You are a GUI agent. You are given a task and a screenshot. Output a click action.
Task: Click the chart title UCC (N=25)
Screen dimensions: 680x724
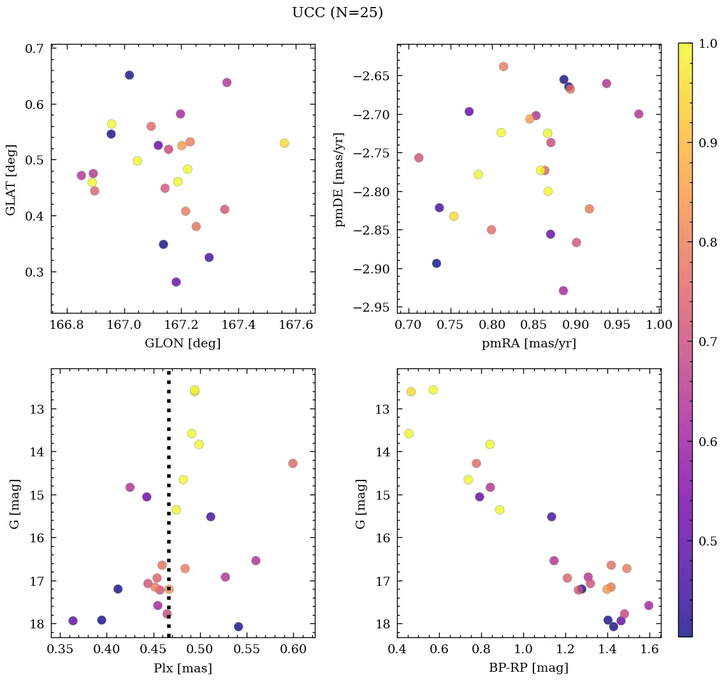click(337, 13)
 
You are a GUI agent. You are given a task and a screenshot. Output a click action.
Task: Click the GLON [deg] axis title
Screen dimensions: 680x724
click(183, 344)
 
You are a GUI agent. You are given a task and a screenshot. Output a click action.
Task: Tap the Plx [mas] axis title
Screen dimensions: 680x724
click(183, 668)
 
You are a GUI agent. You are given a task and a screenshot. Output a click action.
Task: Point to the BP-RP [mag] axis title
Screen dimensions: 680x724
click(528, 668)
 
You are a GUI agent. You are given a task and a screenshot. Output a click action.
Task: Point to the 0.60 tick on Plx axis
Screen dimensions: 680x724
click(294, 650)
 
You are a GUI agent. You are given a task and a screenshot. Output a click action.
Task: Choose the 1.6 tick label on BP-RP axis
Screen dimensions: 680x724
click(649, 650)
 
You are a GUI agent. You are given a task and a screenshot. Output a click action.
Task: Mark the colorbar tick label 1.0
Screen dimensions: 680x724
click(708, 43)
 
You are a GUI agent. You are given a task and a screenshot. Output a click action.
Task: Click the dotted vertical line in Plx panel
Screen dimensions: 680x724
click(169, 510)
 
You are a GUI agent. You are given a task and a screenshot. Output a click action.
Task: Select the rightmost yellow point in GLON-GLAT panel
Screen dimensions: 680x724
click(284, 143)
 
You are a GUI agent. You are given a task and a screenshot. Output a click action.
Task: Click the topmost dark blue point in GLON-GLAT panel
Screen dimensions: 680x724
click(129, 75)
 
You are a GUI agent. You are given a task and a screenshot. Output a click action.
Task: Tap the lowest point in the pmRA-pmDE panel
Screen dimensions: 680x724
click(563, 291)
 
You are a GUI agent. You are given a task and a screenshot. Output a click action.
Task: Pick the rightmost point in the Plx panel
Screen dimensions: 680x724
click(293, 463)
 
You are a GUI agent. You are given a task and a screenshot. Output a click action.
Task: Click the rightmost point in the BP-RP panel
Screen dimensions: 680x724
click(649, 605)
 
